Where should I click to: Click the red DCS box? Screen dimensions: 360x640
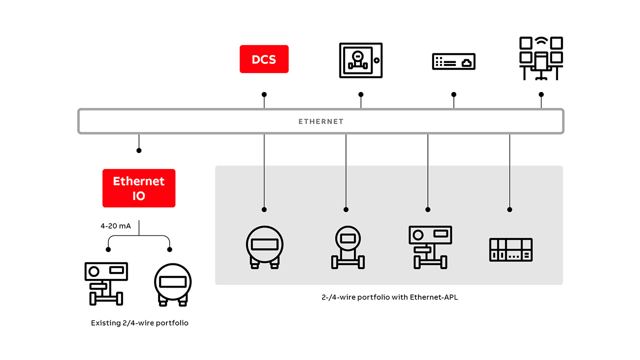tap(264, 59)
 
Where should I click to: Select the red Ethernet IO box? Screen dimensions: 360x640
tap(138, 188)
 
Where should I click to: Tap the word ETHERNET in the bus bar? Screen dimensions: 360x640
tap(320, 121)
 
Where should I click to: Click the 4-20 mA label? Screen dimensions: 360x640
tap(115, 226)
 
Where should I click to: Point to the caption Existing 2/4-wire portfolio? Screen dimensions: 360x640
tap(139, 323)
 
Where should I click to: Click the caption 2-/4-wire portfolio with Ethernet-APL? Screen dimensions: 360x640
tap(389, 297)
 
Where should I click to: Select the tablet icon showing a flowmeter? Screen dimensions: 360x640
tap(360, 60)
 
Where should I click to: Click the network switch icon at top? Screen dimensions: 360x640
tap(453, 61)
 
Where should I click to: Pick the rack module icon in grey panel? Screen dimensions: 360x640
tap(510, 250)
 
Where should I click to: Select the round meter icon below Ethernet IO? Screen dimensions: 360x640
tap(172, 284)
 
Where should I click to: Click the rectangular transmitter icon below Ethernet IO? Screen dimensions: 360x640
tap(105, 283)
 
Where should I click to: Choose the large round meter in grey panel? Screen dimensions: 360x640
tap(264, 246)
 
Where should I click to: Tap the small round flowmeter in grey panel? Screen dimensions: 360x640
tap(347, 247)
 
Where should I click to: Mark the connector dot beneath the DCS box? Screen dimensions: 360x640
tap(264, 94)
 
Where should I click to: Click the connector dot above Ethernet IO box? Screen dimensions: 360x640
tap(139, 150)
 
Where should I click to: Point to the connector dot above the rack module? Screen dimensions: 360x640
tap(509, 209)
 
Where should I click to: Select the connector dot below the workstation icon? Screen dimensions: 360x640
tap(541, 94)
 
